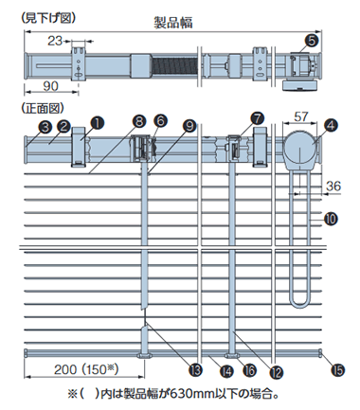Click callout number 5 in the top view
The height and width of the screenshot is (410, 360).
(312, 41)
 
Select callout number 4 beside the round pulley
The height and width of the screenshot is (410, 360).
(331, 125)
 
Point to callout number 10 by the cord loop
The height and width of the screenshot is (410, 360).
(331, 219)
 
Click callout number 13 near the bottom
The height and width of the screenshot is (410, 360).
(195, 369)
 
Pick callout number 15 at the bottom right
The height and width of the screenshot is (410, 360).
(338, 369)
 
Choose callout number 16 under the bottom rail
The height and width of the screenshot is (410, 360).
(249, 370)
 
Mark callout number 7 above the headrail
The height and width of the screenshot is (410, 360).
(258, 118)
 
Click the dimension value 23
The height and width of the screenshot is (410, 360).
(55, 41)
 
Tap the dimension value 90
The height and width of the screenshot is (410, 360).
(50, 86)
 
